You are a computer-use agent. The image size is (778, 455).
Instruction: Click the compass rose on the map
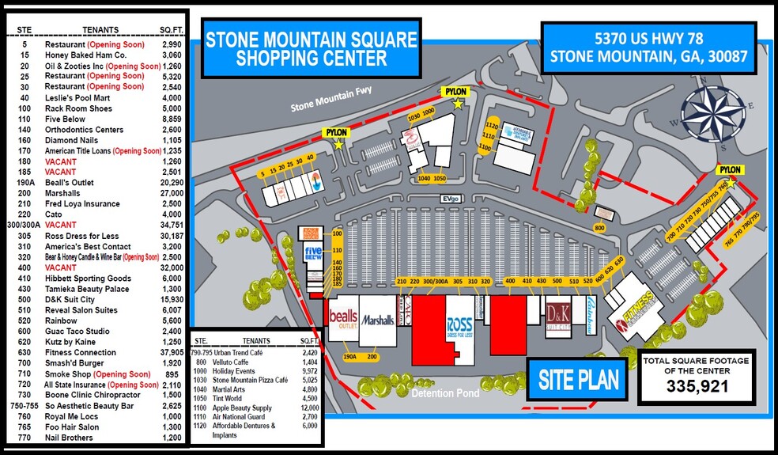(710, 112)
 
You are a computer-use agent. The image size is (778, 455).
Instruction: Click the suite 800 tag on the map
(599, 229)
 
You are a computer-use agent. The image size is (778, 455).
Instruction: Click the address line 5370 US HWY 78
(645, 37)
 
